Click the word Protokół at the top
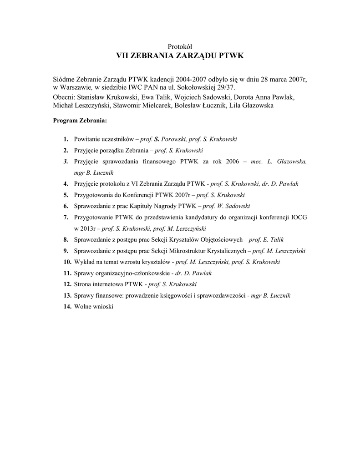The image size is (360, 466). click(180, 46)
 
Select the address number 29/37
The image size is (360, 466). click(228, 87)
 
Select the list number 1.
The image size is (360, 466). click(66, 139)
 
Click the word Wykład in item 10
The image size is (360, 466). click(84, 262)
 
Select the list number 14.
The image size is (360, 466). click(67, 307)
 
